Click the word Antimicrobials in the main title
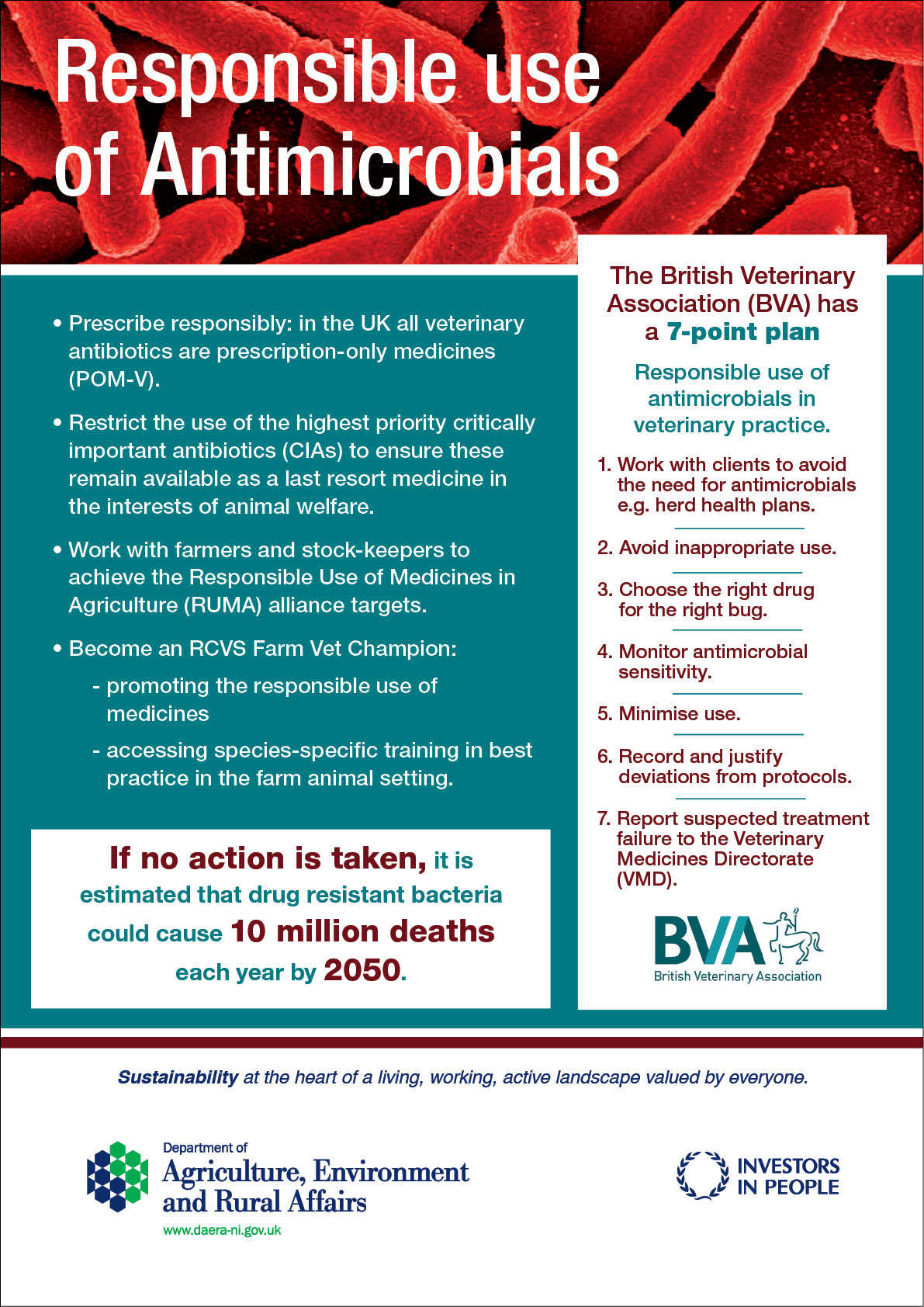380,165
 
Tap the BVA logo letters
708,940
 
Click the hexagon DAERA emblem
117,1177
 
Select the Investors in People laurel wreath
703,1176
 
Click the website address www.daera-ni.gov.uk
222,1230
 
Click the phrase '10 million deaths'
362,931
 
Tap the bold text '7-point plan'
743,332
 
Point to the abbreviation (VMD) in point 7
646,879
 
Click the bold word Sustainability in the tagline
178,1077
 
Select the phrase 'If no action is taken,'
268,858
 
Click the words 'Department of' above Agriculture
205,1148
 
